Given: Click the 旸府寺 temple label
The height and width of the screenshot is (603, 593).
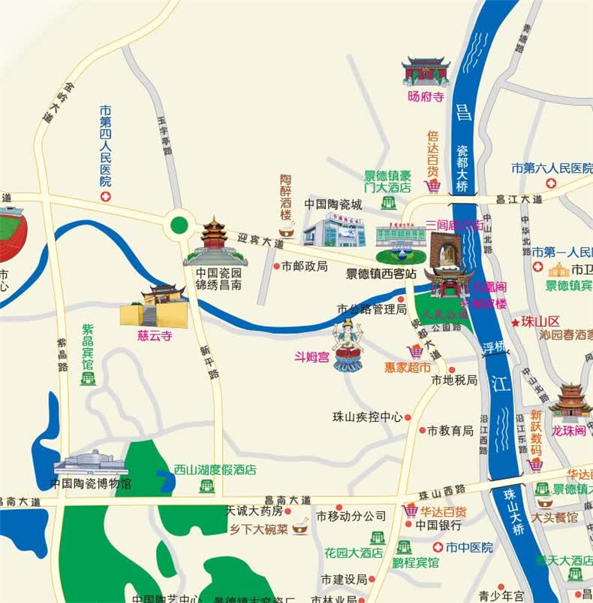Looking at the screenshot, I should click(426, 97).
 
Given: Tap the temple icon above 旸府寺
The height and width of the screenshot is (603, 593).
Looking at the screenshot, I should click(426, 72).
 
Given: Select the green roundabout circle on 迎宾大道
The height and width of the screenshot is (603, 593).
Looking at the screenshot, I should click(179, 224).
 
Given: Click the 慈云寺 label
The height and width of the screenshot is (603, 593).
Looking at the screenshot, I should click(155, 336).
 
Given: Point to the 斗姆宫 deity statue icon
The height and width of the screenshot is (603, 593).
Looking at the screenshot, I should click(348, 344).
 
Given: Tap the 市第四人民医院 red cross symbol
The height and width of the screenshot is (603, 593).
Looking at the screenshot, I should click(105, 196).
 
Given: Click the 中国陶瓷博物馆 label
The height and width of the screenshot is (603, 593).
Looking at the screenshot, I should click(91, 483).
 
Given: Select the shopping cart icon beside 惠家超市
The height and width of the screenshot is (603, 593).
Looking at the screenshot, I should click(414, 351).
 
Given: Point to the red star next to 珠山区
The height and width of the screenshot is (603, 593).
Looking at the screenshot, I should click(515, 322).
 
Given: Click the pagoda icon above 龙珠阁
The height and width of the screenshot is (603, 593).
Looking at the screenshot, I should click(570, 401).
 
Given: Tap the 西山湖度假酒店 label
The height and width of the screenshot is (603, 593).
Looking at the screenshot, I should click(215, 470).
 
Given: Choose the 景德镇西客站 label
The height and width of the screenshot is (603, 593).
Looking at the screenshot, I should click(381, 274).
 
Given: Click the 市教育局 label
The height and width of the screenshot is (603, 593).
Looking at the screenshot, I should click(450, 431).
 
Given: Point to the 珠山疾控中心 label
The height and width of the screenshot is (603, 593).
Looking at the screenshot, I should click(368, 416).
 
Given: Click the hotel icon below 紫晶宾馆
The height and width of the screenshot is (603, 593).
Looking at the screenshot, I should click(88, 378).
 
